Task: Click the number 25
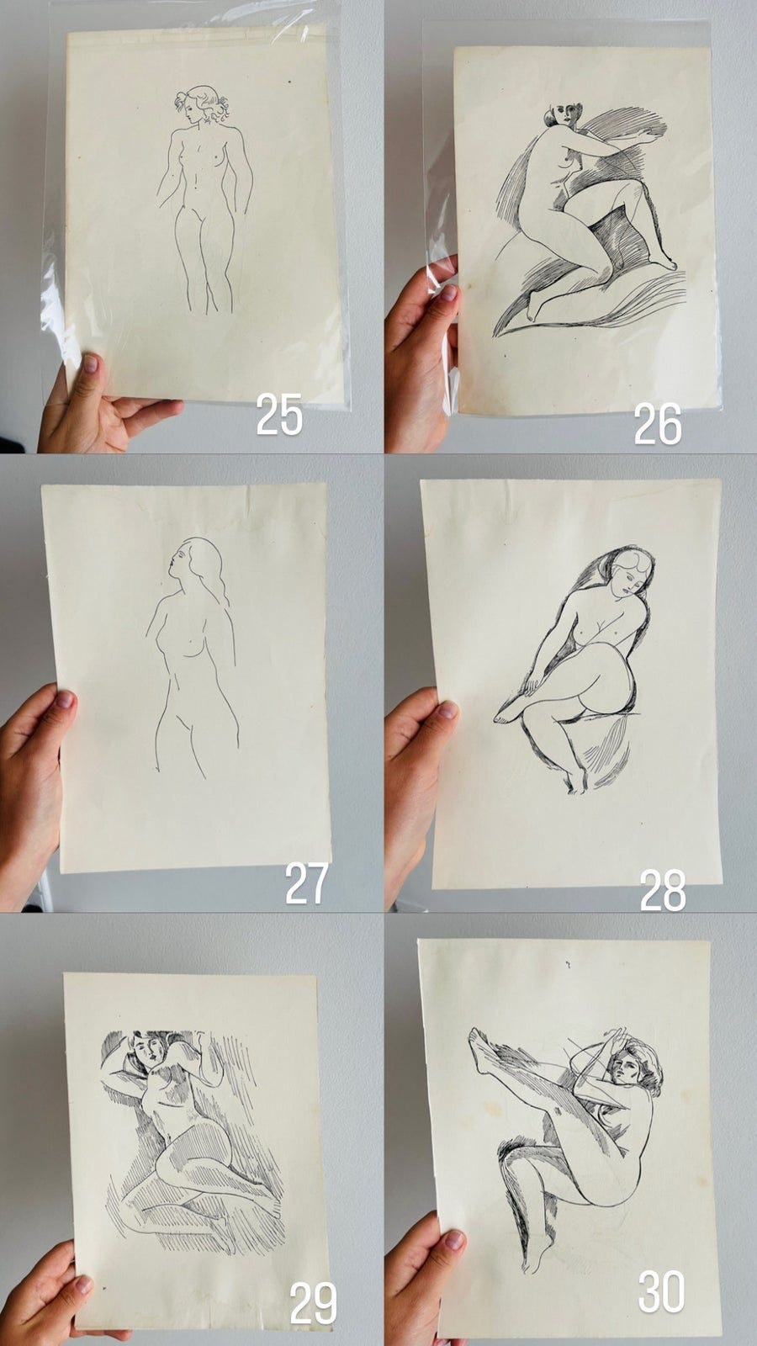[279, 416]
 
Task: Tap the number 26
[658, 424]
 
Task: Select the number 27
[306, 883]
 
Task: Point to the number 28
[663, 891]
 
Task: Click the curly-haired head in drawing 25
[202, 105]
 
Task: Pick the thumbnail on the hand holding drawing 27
[64, 700]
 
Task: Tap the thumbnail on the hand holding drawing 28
[447, 710]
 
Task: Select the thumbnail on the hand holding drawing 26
[447, 294]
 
